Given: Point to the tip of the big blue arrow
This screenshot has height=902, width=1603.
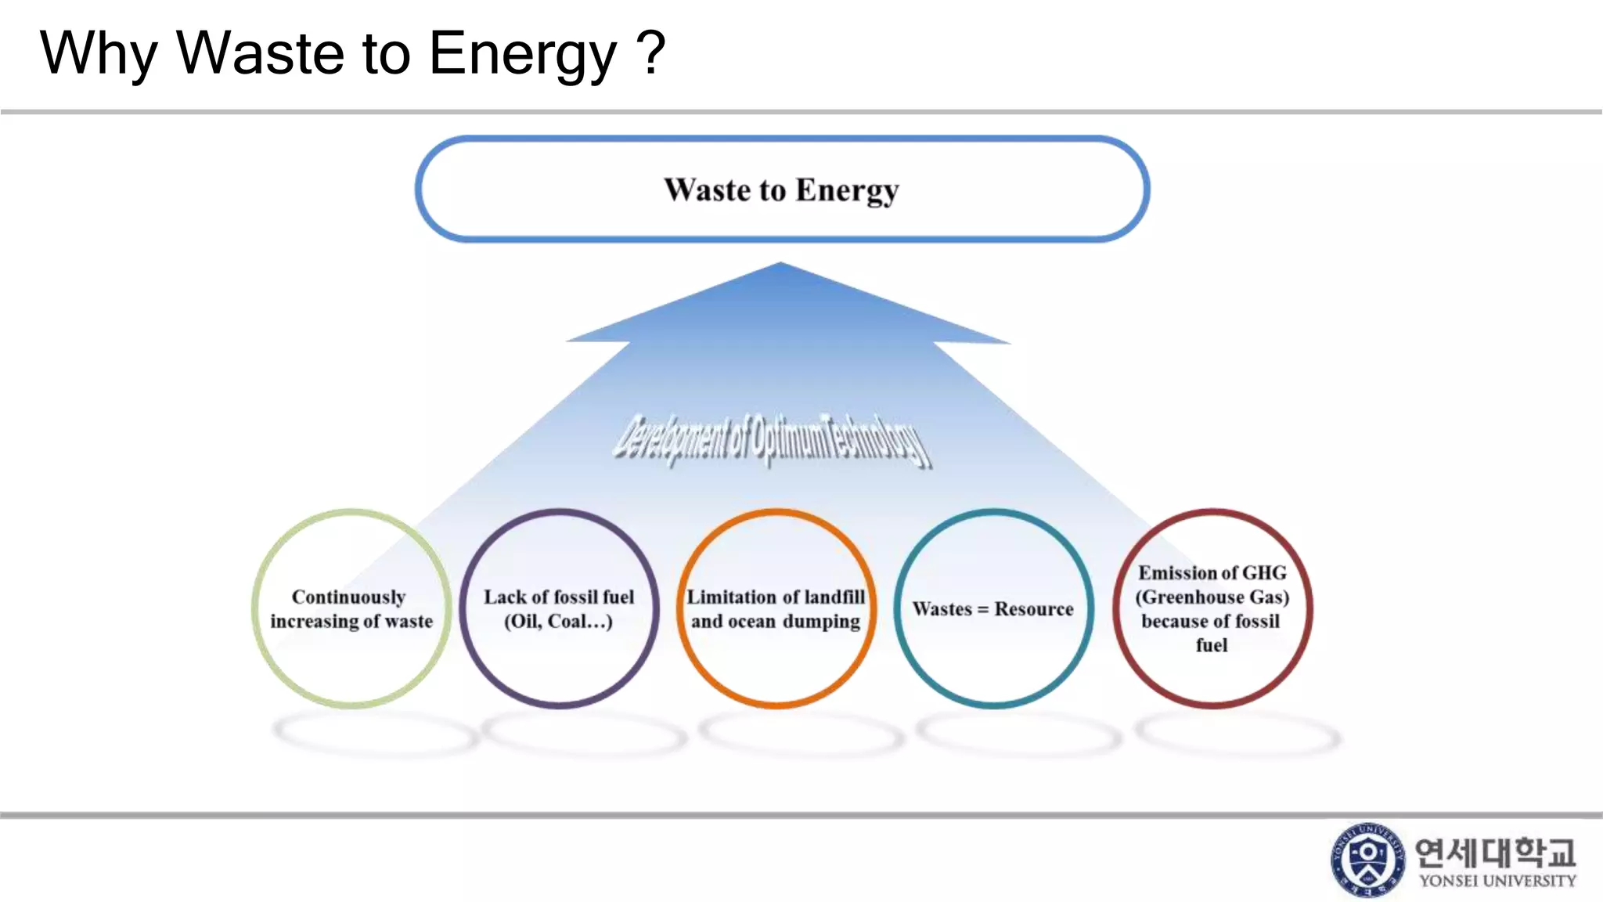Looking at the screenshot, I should [780, 265].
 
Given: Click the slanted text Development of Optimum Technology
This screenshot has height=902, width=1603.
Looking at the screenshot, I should [772, 440].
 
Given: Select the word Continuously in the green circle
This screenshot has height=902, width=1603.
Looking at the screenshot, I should [348, 597].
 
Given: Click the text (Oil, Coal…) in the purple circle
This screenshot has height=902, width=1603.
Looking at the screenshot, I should [558, 622].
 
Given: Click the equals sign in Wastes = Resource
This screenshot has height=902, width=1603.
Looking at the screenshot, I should [982, 610].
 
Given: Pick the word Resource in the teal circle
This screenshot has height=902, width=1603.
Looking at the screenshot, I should [1033, 609].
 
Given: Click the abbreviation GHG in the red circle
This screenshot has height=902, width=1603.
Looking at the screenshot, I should [1263, 572].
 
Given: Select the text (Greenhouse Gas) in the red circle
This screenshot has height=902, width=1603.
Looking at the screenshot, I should [1212, 597].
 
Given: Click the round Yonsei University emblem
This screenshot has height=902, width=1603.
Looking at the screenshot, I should [1367, 859].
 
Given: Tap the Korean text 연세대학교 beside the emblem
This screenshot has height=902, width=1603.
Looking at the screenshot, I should [1495, 852].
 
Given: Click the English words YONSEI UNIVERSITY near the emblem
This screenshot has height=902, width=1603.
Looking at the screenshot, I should [1497, 881].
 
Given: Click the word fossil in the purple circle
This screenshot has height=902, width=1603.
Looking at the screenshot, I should [576, 597].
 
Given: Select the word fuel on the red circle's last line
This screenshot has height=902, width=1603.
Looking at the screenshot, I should [1211, 645].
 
